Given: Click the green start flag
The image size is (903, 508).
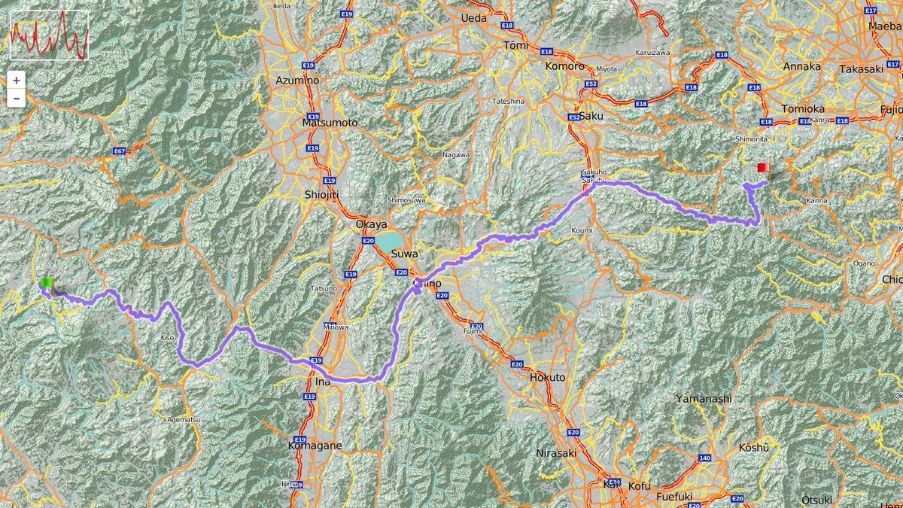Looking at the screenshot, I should coord(47,283).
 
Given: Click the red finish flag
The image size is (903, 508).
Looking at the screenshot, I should coord(762,167).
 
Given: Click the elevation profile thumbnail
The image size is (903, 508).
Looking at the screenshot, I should coord(49,35).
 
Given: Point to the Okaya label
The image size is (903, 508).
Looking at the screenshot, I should coord(371,224).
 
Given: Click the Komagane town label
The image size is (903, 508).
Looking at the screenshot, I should coord(315,446).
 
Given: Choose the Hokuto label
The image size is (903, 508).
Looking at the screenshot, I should coord(547,377).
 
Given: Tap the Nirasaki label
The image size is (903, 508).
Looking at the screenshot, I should coord(556,453).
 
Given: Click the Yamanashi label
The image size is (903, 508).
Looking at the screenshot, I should coord(703,398).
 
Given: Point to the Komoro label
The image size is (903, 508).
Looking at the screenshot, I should coord(565,66).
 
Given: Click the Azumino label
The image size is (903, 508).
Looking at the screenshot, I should coord(298,80).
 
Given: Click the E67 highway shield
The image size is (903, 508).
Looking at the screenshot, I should coord(119,151).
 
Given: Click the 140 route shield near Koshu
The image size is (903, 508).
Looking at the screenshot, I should coord(704,458).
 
